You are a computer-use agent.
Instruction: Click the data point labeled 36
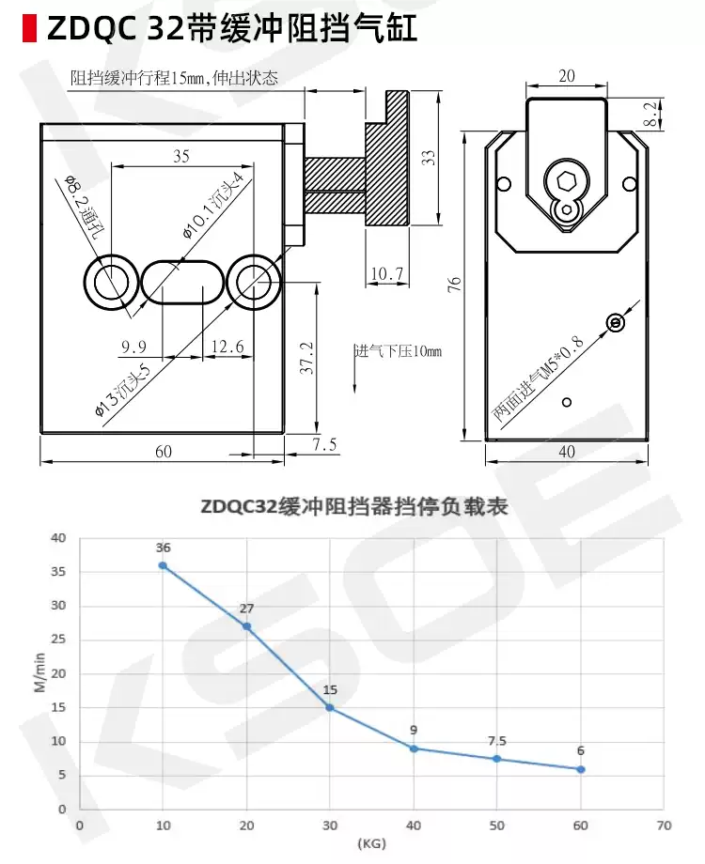click(163, 565)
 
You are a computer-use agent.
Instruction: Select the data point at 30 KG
click(330, 707)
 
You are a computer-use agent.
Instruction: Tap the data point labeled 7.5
click(497, 759)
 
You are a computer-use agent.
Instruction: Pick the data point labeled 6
click(580, 769)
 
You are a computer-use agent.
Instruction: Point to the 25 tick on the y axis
click(58, 640)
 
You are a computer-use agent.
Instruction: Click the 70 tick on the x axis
click(665, 825)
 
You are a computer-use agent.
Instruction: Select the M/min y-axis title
click(39, 672)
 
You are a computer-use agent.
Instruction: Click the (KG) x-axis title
click(372, 843)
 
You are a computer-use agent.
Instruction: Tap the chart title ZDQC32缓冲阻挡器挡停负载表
click(353, 507)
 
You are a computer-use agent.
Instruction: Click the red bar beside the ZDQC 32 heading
click(29, 28)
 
